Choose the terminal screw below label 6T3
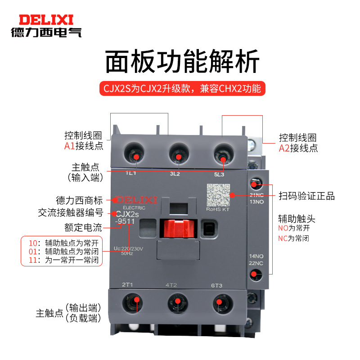(221, 302)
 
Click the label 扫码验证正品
(306, 197)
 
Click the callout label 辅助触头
(297, 219)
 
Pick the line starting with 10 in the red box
(63, 243)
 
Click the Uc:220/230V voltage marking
(129, 247)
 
